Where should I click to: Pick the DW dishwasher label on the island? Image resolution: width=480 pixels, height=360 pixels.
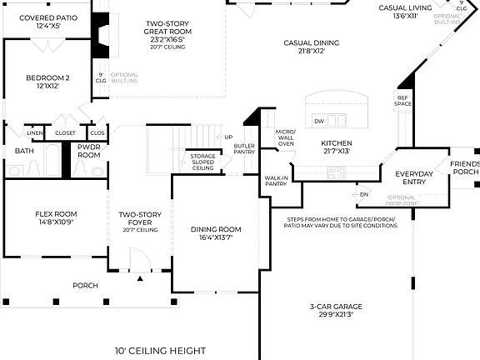tap(319, 122)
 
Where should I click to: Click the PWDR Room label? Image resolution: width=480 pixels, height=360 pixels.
tap(88, 151)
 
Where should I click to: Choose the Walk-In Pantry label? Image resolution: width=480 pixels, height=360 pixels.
tap(276, 181)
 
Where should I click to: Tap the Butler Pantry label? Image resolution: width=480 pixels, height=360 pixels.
tap(244, 148)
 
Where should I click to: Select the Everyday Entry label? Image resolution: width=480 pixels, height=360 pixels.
tap(413, 178)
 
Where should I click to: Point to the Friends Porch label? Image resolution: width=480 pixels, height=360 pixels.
tap(465, 167)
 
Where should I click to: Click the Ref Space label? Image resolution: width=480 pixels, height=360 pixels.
tap(402, 102)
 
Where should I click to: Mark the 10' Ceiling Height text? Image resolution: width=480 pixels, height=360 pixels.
tap(160, 351)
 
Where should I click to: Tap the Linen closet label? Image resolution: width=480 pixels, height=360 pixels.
tap(34, 132)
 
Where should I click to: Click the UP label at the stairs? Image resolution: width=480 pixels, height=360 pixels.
tap(228, 137)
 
